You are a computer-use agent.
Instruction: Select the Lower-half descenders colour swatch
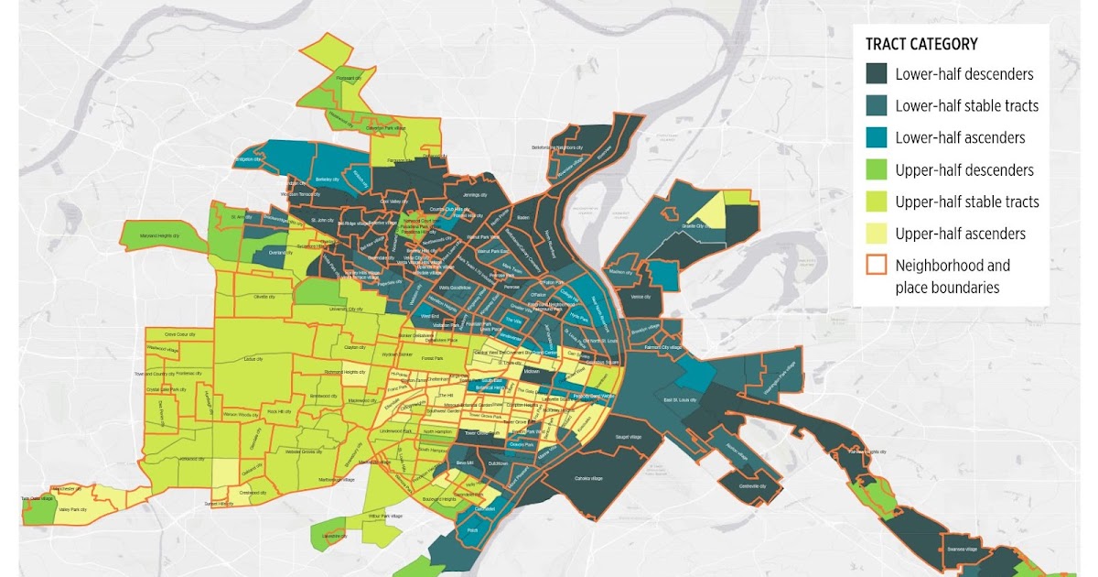[877, 74]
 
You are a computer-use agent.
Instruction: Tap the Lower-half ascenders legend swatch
[877, 137]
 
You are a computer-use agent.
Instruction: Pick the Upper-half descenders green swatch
[877, 169]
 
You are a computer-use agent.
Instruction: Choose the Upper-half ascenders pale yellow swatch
[877, 234]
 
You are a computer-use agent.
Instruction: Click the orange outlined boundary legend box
[877, 266]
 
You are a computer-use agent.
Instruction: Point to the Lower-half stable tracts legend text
[966, 105]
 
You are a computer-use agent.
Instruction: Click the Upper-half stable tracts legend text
[966, 201]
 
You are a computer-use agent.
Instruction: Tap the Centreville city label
[751, 487]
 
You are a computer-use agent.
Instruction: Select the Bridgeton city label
[248, 159]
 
